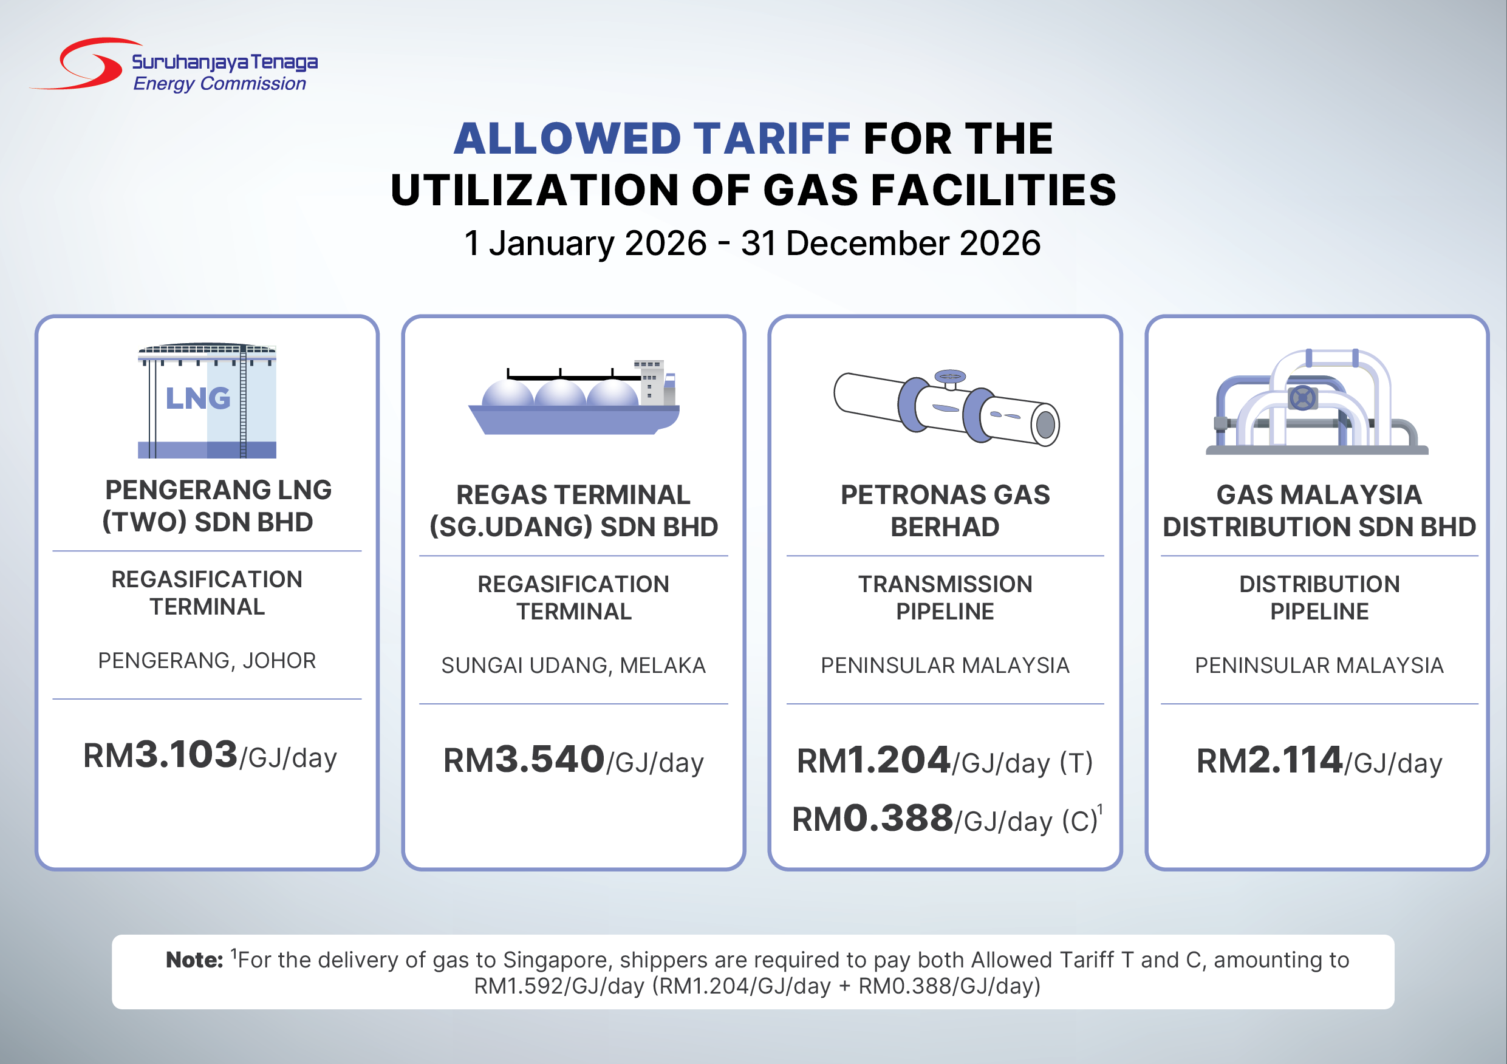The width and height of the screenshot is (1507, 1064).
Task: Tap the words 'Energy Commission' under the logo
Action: tap(219, 84)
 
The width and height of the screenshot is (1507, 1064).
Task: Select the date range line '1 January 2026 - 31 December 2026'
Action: tap(752, 243)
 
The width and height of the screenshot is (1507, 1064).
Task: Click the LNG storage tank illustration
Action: tap(207, 400)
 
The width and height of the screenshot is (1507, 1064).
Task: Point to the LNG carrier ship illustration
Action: tap(573, 398)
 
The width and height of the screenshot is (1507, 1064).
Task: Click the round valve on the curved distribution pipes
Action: tap(1303, 398)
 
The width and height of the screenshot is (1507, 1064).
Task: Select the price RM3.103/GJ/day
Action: tap(210, 755)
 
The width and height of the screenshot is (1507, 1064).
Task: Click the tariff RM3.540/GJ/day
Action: tap(573, 760)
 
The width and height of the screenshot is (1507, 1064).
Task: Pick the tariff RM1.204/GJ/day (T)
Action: tap(945, 761)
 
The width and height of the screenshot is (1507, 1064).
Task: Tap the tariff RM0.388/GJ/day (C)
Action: tap(947, 819)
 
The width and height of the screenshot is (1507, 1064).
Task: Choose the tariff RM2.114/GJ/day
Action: tap(1319, 761)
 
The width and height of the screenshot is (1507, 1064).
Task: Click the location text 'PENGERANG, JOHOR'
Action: tap(207, 660)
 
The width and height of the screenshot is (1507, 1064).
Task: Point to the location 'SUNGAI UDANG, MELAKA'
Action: tap(573, 666)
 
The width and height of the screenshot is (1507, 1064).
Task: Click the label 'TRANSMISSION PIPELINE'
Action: tap(945, 598)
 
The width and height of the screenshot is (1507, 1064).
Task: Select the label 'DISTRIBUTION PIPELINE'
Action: tap(1319, 598)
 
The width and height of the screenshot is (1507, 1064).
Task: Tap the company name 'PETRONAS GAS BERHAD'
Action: tap(945, 511)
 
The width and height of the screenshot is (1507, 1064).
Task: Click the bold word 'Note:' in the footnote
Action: tap(194, 960)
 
